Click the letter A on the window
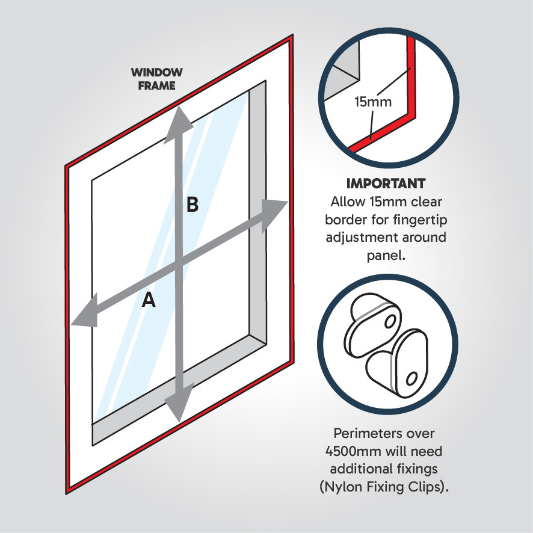pos(149,300)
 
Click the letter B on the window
pos(192,205)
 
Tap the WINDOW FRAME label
pos(157,79)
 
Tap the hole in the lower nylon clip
pos(411,379)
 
